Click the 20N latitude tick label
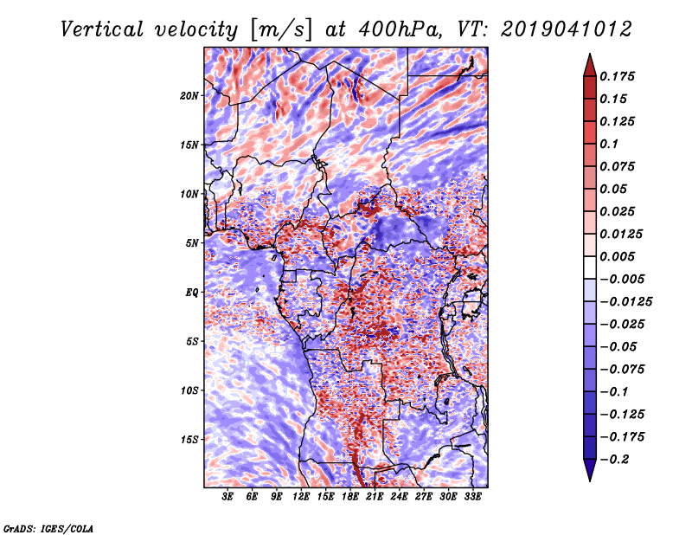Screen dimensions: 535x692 pos(189,95)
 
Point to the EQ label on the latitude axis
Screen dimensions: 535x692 pos(192,293)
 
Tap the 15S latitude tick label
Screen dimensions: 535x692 pos(189,440)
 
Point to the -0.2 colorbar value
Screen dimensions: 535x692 pos(616,459)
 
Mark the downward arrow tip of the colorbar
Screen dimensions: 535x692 pos(588,479)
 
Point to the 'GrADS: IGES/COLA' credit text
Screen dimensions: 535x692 pos(48,527)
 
